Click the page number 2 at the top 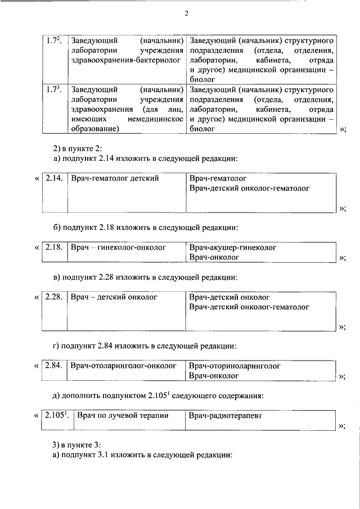click(x=186, y=13)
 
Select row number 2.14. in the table click(x=53, y=178)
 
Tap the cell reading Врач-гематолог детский click(x=115, y=178)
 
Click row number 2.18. click(x=53, y=247)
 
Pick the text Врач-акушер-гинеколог click(x=233, y=247)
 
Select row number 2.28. click(x=53, y=296)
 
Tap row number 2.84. click(x=53, y=366)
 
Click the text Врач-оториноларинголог click(x=235, y=366)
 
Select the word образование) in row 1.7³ click(x=92, y=129)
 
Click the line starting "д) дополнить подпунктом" click(x=158, y=395)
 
